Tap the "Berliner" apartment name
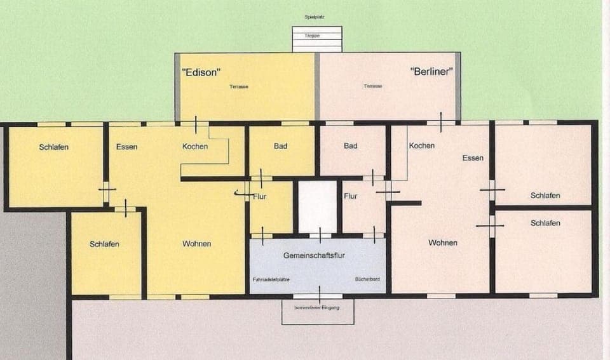(x=431, y=72)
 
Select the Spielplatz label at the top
(x=315, y=17)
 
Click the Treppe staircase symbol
(x=317, y=39)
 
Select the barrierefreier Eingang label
(x=317, y=308)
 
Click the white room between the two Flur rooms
(x=317, y=207)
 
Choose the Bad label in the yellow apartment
(x=280, y=146)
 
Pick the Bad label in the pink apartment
(x=350, y=146)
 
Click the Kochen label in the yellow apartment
(x=195, y=147)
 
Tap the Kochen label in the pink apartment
(x=422, y=146)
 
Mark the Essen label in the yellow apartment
(x=127, y=147)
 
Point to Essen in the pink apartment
(x=473, y=158)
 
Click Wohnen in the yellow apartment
(x=196, y=244)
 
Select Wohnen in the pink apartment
(x=442, y=243)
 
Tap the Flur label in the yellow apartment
(x=260, y=197)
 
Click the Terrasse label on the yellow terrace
(x=239, y=86)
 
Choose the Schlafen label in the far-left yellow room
(x=53, y=147)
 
